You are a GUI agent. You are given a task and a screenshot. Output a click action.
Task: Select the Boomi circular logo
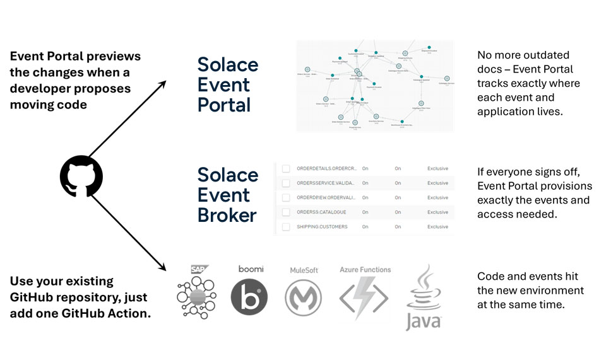tap(249, 297)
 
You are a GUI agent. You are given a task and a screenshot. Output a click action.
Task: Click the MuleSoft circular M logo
tap(304, 297)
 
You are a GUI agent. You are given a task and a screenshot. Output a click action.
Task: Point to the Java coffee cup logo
tap(422, 296)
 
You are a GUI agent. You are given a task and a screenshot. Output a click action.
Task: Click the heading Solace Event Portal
tap(228, 84)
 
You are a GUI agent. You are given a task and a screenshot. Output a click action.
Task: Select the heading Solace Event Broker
tap(228, 195)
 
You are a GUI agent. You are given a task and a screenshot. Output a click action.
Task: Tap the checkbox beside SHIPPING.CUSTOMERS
tap(286, 227)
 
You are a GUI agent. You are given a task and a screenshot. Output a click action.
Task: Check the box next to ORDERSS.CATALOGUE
tap(286, 212)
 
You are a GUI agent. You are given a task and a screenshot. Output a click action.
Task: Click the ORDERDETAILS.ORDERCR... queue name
tap(326, 169)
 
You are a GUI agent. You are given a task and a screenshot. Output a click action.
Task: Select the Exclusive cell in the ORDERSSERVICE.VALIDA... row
tap(437, 183)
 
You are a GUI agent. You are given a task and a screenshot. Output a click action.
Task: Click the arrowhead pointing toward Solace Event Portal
tap(163, 84)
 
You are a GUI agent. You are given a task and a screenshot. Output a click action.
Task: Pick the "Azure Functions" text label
tap(365, 270)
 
